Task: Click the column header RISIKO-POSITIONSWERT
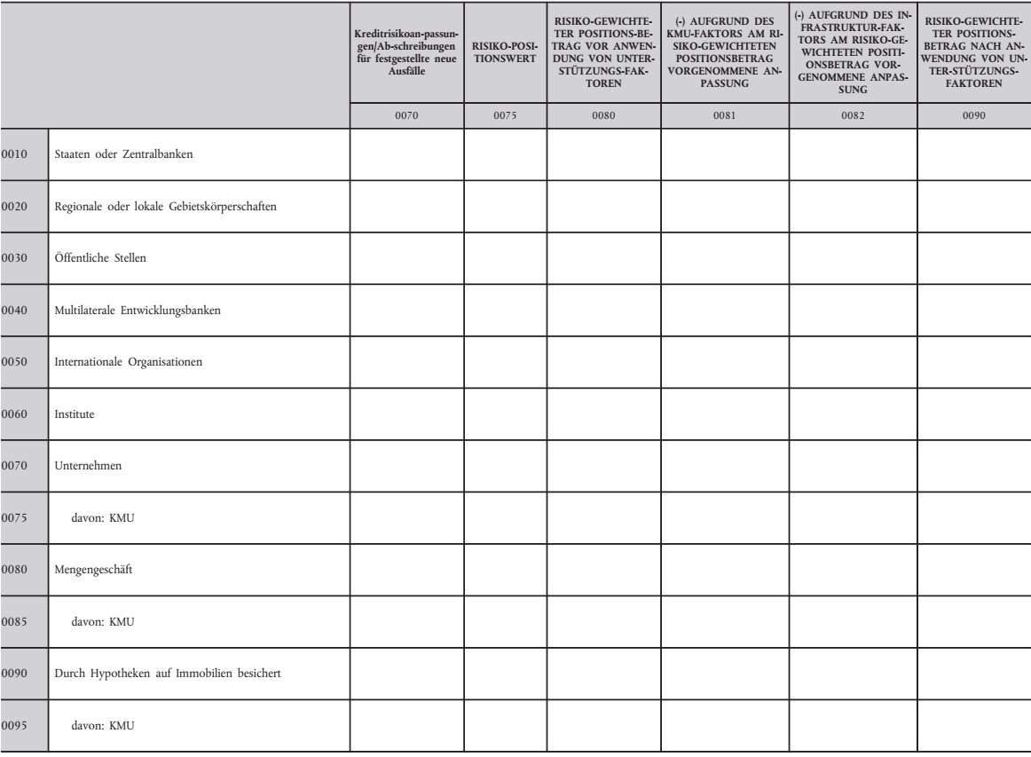click(505, 52)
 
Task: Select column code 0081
click(724, 114)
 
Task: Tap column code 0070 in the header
click(405, 114)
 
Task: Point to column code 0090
click(973, 114)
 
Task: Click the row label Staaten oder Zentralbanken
click(123, 154)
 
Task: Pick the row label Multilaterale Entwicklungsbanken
click(138, 311)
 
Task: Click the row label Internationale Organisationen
click(129, 362)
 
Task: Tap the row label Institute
click(75, 414)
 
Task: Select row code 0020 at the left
click(16, 207)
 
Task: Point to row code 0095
click(16, 726)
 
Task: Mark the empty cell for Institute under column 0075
click(505, 414)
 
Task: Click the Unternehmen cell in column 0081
click(724, 466)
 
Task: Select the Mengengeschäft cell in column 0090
click(973, 570)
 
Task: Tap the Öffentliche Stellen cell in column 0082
click(852, 258)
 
